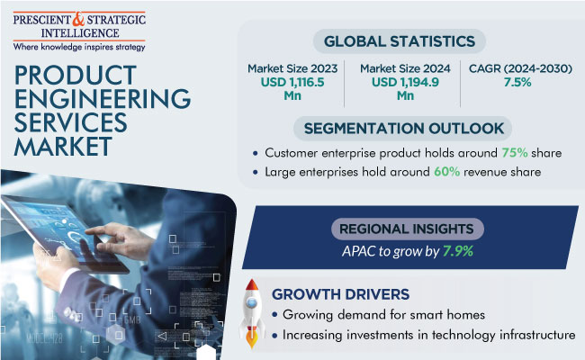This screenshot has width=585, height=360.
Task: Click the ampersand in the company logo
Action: click(x=82, y=17)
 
